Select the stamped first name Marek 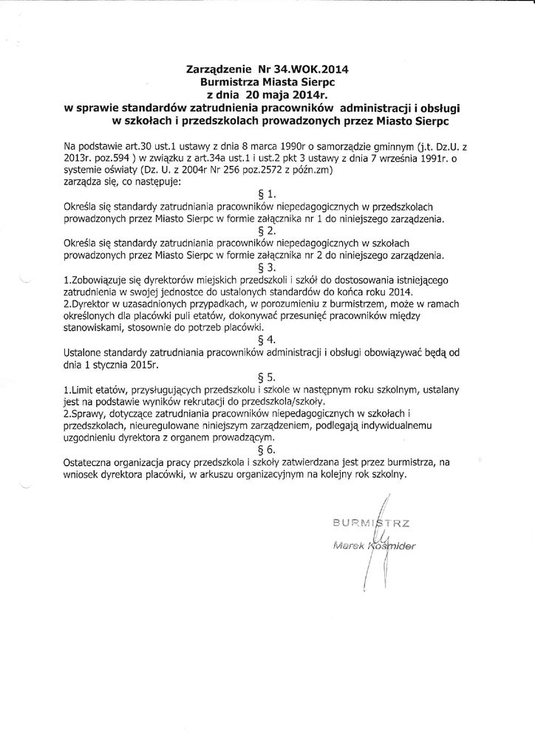(x=350, y=546)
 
